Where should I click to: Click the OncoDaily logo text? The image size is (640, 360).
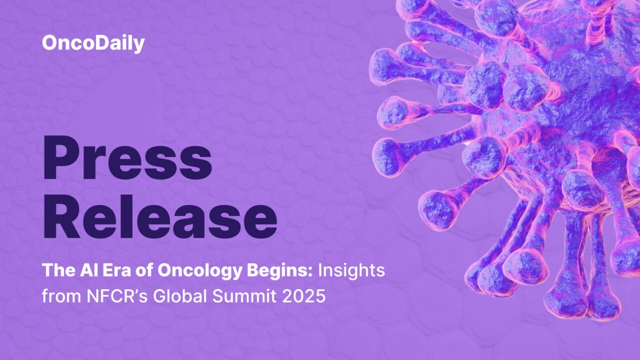pyautogui.click(x=93, y=43)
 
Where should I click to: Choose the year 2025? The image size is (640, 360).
pyautogui.click(x=305, y=296)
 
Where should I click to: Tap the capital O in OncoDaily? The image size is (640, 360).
pyautogui.click(x=49, y=43)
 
